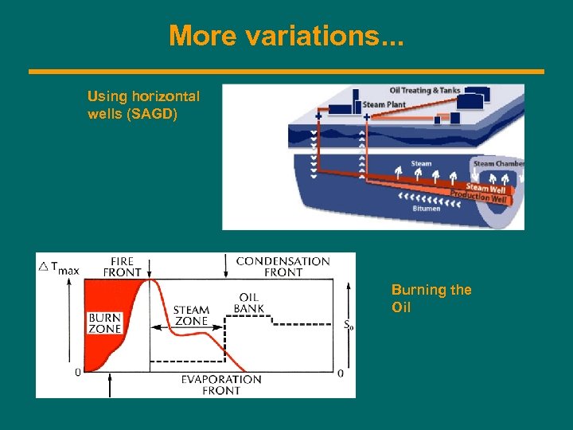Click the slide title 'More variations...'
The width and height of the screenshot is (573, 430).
point(286,35)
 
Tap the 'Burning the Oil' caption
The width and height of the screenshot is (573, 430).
point(431,298)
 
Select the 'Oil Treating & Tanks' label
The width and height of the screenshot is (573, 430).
point(425,89)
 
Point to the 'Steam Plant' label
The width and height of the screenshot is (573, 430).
point(384,104)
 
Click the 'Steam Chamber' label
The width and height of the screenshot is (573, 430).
point(498,163)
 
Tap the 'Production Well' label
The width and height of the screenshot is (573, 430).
point(477,197)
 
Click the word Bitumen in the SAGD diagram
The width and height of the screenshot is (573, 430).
point(426,209)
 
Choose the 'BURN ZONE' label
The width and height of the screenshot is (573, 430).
point(104,322)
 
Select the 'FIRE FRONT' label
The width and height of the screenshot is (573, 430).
point(123,265)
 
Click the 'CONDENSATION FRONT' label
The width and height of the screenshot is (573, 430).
point(283,266)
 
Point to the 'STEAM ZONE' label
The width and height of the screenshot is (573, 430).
point(191,315)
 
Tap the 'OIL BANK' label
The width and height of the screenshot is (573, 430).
point(248,303)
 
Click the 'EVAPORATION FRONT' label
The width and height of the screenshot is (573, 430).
point(220,385)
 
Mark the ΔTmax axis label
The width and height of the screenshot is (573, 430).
point(59,268)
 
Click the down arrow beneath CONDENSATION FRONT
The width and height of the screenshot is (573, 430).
point(227,266)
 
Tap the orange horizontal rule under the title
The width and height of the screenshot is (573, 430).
point(286,72)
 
